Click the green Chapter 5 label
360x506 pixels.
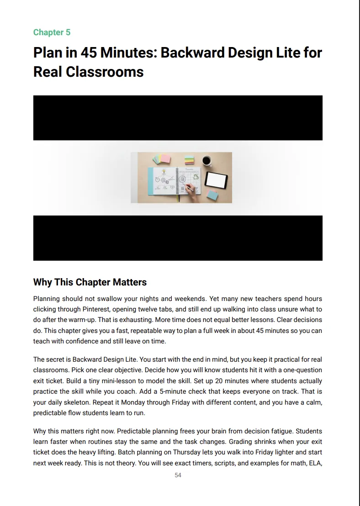coord(52,32)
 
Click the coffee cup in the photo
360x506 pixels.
coord(206,161)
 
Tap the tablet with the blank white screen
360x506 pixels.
coord(216,179)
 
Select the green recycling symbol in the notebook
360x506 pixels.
coord(196,176)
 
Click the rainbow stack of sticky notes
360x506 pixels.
coord(190,160)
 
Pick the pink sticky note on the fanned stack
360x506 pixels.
coord(166,158)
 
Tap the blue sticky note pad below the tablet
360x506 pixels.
coord(212,195)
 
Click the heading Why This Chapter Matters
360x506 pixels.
coord(90,282)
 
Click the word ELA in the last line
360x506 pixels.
coord(315,463)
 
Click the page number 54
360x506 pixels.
coord(178,475)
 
